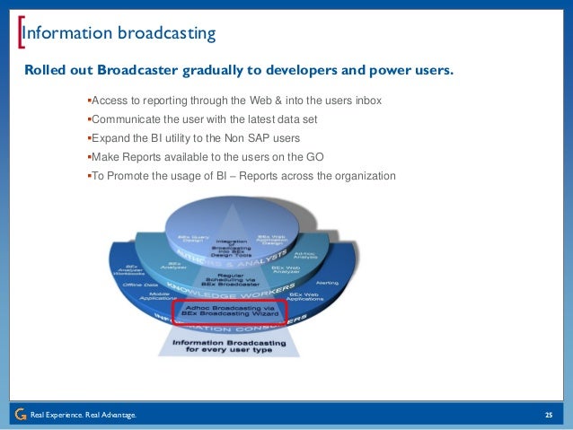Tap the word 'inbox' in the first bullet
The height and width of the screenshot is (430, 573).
[x=366, y=101]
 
